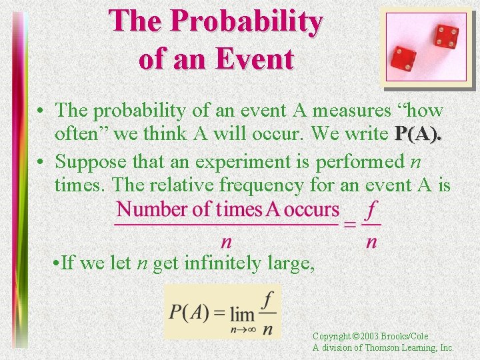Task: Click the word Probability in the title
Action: point(247,21)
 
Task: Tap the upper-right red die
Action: point(446,36)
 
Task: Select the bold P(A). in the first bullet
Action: point(418,134)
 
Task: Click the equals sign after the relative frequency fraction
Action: point(350,224)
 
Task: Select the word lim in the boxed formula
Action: point(243,313)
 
